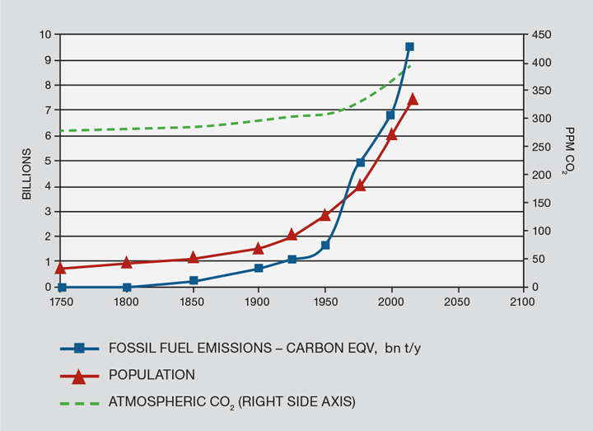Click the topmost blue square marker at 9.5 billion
pos(409,47)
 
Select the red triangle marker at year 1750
pos(61,268)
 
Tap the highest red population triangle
pos(413,100)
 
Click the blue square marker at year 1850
pos(194,281)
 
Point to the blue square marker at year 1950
pos(325,245)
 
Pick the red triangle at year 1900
pos(258,248)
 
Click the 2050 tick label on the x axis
pos(456,302)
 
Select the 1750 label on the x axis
pos(61,302)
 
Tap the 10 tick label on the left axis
pos(46,35)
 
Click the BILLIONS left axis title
pos(26,174)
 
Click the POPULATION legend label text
pos(152,375)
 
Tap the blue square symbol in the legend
pos(78,349)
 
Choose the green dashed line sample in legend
pos(78,401)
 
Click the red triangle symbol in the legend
pos(78,376)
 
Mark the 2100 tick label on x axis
pos(521,302)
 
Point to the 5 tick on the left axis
pos(48,161)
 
